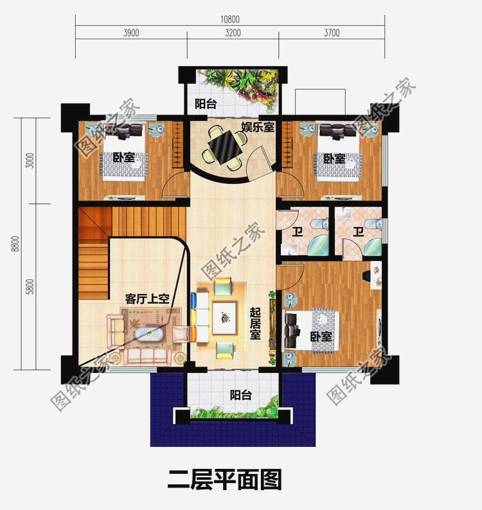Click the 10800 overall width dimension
click(229, 19)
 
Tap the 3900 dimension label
click(130, 33)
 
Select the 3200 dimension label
click(232, 33)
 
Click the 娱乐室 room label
click(258, 127)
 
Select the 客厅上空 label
click(147, 298)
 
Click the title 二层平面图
click(224, 480)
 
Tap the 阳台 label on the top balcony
click(205, 104)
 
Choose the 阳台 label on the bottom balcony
click(240, 395)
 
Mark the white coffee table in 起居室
click(225, 317)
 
